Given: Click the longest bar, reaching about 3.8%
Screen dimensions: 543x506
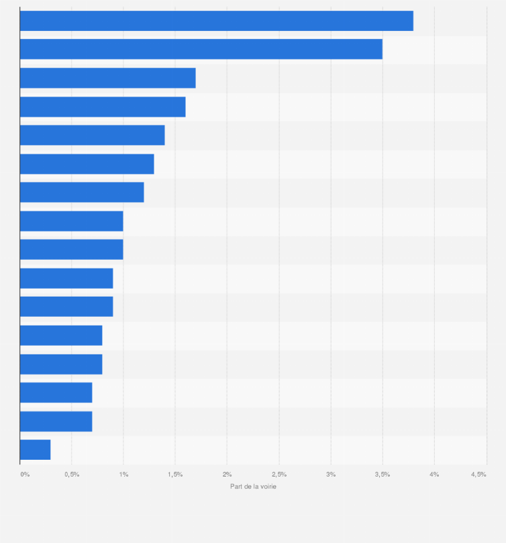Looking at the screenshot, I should [x=216, y=21].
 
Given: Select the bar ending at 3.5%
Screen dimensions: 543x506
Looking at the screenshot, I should [x=201, y=49].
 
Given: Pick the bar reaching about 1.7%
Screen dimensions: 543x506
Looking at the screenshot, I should [x=107, y=78].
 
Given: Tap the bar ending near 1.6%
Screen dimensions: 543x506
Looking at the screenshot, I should [x=103, y=107].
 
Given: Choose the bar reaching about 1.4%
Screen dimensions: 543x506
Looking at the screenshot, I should [x=92, y=135].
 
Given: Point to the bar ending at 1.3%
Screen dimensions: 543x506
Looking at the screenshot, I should [x=87, y=164].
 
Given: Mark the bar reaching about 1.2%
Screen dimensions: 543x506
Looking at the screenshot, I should [x=82, y=192].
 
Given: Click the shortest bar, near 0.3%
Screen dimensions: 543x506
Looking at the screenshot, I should [x=35, y=450].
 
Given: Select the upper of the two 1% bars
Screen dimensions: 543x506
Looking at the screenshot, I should [x=71, y=221].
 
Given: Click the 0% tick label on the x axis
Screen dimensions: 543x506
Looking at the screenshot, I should [x=25, y=475].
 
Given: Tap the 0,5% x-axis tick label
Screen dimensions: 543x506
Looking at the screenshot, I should [x=72, y=475].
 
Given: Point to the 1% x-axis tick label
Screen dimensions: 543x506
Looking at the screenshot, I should [x=123, y=475].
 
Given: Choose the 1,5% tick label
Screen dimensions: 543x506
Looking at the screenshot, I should [x=175, y=475].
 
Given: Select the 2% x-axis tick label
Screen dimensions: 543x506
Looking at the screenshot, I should [x=227, y=475].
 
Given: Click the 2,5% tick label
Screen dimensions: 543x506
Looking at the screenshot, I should [x=279, y=475].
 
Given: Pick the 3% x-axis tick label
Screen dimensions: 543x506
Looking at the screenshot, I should [x=331, y=475].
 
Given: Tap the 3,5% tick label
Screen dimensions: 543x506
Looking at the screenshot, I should [x=383, y=475].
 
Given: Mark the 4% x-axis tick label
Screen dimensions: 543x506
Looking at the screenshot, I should [x=434, y=475].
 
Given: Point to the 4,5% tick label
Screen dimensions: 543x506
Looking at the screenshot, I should [x=478, y=475].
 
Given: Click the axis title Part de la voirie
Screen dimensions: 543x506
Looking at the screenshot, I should [x=253, y=487].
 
